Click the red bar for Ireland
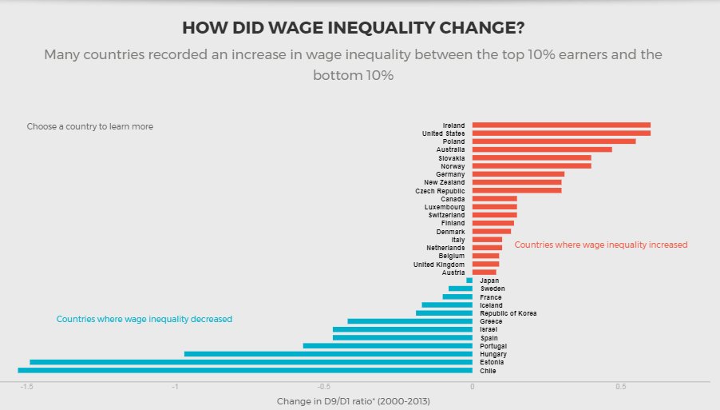coord(561,125)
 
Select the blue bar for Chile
coord(245,370)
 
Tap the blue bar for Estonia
coord(251,362)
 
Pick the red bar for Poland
coord(554,141)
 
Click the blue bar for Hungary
coord(328,354)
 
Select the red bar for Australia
coord(542,149)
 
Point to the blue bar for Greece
coord(409,321)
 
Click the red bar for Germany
coord(518,173)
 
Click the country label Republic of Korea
coord(508,313)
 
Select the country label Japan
coord(489,281)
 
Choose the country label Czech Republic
coord(440,191)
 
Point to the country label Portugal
coord(493,346)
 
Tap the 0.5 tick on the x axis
coord(620,388)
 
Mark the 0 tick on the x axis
coord(473,388)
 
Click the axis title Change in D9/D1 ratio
coord(353,400)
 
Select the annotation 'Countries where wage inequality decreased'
coord(144,319)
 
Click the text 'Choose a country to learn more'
coord(89,126)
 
